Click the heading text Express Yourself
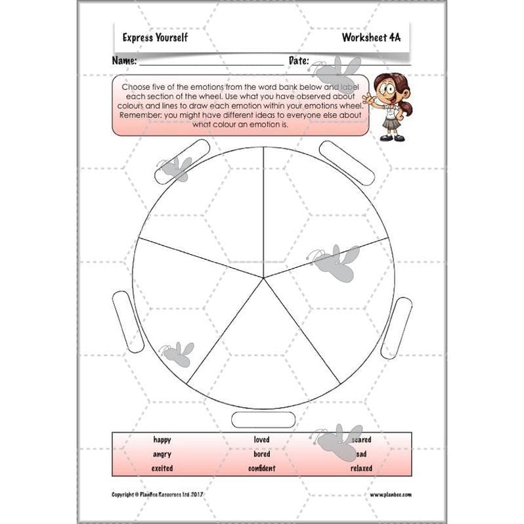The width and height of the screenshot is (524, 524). click(155, 37)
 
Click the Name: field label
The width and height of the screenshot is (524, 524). click(125, 61)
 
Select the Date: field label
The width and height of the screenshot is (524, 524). click(299, 61)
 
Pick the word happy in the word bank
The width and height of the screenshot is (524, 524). click(162, 440)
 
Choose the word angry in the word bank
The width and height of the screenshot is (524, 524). click(162, 454)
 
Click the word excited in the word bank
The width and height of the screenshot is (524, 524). click(162, 469)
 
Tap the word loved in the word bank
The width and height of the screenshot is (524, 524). click(261, 440)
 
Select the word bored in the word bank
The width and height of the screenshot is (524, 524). click(261, 454)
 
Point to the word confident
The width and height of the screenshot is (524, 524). click(261, 469)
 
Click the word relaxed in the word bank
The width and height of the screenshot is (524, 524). click(361, 469)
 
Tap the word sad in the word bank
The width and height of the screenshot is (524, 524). click(362, 454)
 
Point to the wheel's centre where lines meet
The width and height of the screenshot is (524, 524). click(264, 278)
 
